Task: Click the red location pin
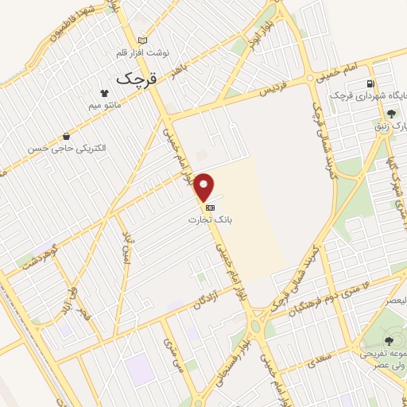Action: [205, 187]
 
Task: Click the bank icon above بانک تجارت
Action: [210, 207]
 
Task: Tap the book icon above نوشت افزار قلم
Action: [143, 41]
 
